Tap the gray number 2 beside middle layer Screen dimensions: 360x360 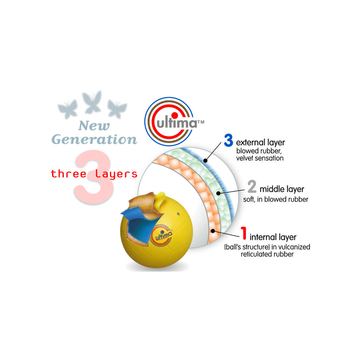[252, 186]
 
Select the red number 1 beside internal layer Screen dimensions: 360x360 [243, 233]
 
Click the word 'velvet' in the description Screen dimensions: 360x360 [244, 158]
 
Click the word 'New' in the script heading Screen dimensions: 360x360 [94, 126]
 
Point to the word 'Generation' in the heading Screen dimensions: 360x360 [94, 139]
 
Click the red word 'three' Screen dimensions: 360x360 [68, 174]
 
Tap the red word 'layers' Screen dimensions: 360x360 [116, 174]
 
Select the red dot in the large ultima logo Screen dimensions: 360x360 [175, 116]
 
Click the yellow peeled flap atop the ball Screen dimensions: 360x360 [161, 198]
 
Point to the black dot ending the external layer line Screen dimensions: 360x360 [206, 161]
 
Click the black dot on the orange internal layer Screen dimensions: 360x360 [213, 231]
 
